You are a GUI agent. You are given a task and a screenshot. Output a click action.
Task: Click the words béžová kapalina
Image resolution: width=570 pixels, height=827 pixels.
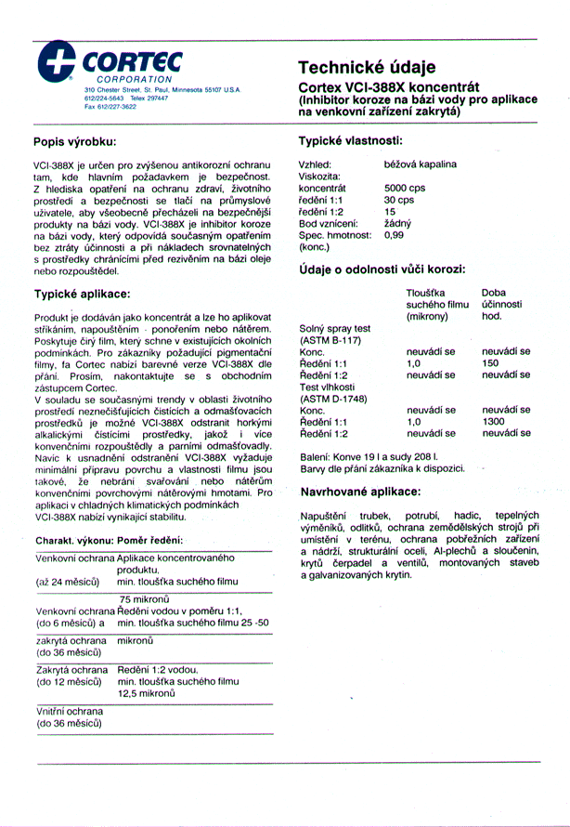pos(420,164)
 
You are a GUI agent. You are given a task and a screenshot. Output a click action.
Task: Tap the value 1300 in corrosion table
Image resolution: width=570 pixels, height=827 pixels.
pos(495,421)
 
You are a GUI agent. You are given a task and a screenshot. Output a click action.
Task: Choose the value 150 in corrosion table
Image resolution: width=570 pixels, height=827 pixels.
pos(491,363)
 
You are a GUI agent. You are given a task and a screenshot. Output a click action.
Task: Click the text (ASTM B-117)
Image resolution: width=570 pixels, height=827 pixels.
pos(330,340)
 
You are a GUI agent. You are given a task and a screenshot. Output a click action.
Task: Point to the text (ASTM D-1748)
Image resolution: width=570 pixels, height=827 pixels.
pos(333,398)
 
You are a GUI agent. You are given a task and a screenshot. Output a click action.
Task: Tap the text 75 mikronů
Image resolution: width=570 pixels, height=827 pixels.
pos(144,599)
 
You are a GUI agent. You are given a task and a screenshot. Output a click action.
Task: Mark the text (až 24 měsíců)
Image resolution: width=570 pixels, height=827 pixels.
pos(68,581)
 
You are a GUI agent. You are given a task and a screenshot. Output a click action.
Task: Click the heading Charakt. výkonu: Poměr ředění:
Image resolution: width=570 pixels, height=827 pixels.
pos(108,540)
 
